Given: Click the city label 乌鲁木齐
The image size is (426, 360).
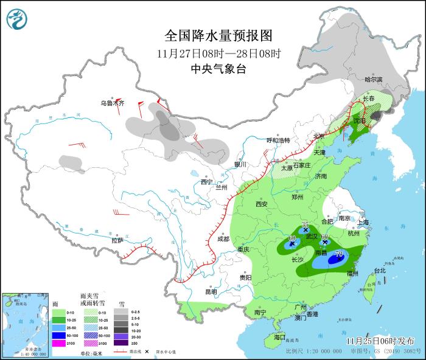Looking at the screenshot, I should [113, 103].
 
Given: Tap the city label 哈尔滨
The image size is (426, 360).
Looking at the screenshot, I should [373, 80].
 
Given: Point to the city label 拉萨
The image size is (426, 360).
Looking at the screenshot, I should [117, 240].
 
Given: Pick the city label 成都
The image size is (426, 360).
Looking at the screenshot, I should [223, 238].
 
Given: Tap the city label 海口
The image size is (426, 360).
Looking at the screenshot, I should [279, 336].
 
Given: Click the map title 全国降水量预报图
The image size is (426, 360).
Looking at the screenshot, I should [218, 35].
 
